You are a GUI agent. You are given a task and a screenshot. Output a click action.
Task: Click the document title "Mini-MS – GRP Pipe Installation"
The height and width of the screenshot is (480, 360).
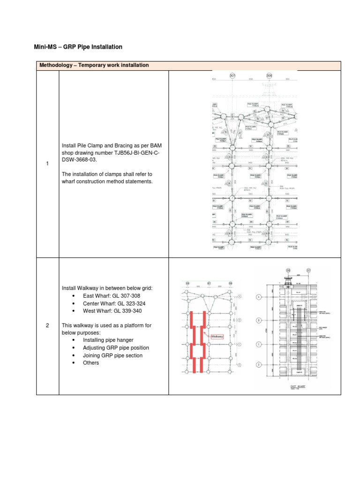(78, 47)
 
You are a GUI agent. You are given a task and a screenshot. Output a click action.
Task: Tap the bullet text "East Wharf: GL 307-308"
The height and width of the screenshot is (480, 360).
(111, 296)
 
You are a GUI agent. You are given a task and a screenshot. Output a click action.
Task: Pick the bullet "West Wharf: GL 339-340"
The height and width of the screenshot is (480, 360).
(112, 311)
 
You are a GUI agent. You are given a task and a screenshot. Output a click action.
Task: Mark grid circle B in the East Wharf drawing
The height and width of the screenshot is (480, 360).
(258, 321)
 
